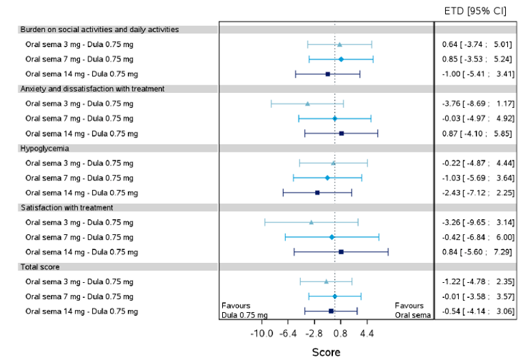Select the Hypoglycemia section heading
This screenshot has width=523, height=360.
point(44,148)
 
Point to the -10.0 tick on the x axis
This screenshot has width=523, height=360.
point(263,333)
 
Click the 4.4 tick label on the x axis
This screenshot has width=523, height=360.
point(366,333)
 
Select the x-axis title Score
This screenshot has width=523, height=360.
point(326,352)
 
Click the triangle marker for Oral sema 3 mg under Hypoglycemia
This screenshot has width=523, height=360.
point(333,163)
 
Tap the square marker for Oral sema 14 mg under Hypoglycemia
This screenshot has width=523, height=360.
point(317,193)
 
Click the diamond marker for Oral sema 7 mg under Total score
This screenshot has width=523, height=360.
point(334,296)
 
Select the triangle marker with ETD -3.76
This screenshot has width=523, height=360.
point(308,104)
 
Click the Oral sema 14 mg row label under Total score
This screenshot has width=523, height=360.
point(81,311)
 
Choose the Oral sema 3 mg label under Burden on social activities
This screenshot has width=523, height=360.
point(79,44)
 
